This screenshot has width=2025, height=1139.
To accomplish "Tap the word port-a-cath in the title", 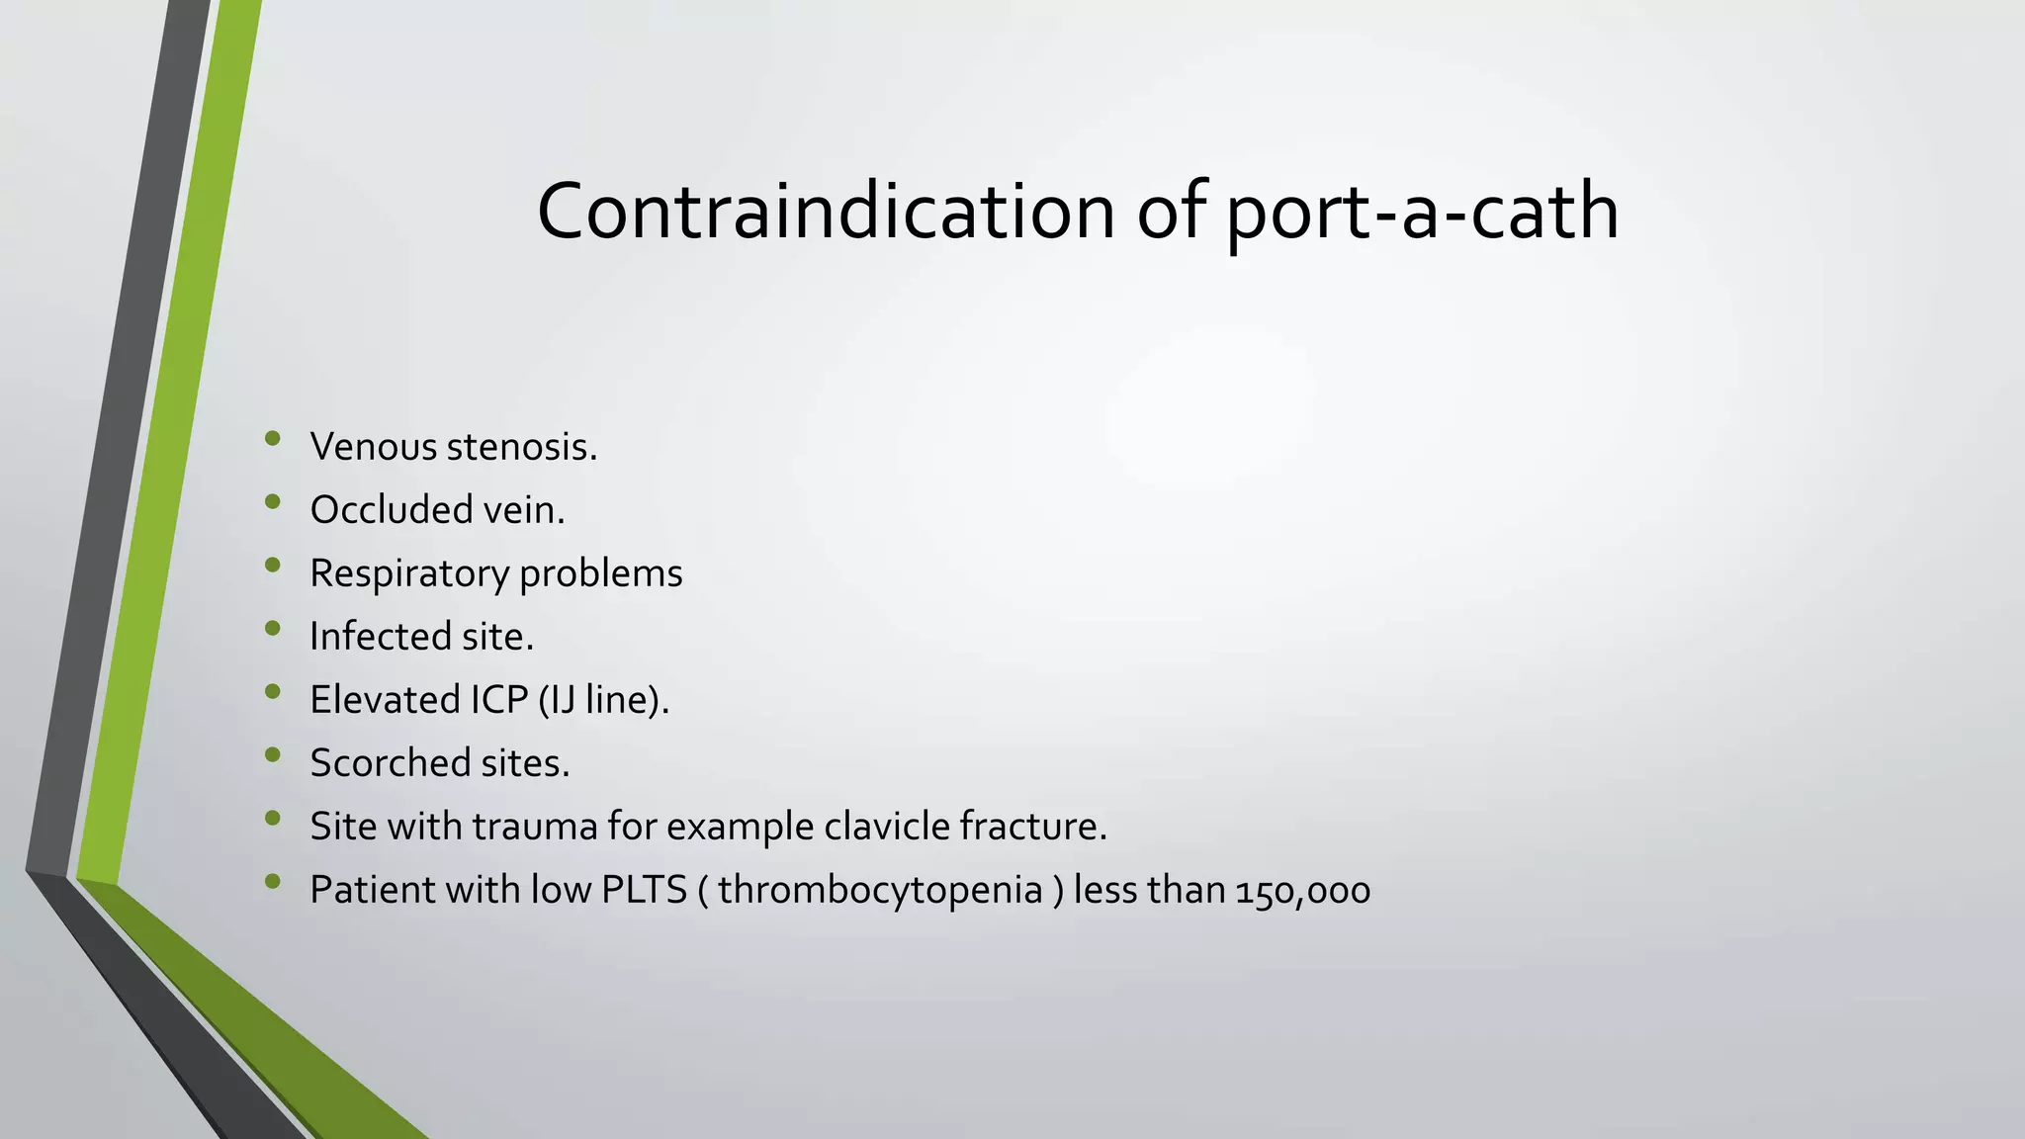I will [1422, 213].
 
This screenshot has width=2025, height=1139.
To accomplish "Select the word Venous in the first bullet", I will [373, 447].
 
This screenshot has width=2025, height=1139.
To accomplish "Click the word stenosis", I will [521, 447].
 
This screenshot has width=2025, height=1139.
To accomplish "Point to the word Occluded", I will [391, 510].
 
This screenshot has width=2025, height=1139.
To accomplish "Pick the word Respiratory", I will [408, 574].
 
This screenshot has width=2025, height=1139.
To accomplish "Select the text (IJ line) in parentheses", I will [602, 700].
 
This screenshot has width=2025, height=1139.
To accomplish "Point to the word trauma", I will [535, 827].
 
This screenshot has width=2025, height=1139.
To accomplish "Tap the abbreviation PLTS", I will [644, 890].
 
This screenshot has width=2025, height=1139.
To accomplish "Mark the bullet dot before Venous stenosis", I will [273, 439].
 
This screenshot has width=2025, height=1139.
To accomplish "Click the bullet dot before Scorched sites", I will [273, 755].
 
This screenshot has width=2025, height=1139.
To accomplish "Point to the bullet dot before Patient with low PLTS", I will [273, 882].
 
